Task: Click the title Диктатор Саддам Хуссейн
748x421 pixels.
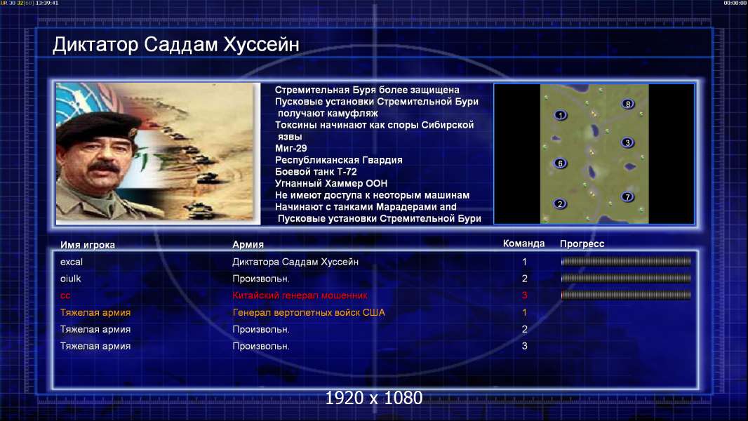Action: (175, 45)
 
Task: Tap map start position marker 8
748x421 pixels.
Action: (628, 104)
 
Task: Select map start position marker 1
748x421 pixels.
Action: (561, 115)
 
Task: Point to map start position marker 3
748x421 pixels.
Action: (628, 142)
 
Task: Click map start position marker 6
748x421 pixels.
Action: (561, 163)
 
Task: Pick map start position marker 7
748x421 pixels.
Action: (628, 197)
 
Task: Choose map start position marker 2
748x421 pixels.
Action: (560, 204)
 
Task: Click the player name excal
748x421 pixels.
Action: (72, 262)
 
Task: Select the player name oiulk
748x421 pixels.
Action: (71, 279)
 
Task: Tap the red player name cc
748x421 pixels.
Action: (65, 295)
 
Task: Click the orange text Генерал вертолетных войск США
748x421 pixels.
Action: (309, 313)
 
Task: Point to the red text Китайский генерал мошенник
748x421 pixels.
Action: (300, 295)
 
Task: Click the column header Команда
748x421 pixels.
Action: (523, 243)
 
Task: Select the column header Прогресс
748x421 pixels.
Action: (582, 244)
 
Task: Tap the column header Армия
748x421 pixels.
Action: (248, 245)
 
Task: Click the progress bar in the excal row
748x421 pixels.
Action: (626, 262)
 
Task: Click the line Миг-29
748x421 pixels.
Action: (291, 148)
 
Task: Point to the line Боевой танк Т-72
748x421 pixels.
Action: (316, 172)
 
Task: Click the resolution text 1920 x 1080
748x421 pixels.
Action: (374, 398)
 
